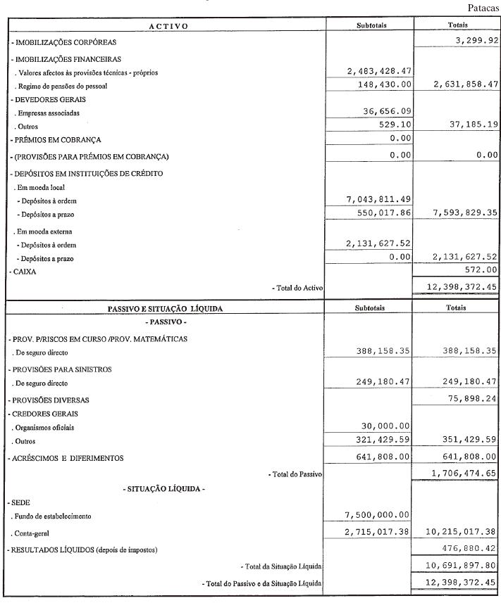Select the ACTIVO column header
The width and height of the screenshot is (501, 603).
click(x=167, y=26)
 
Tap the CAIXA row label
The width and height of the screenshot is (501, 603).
click(x=23, y=271)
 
